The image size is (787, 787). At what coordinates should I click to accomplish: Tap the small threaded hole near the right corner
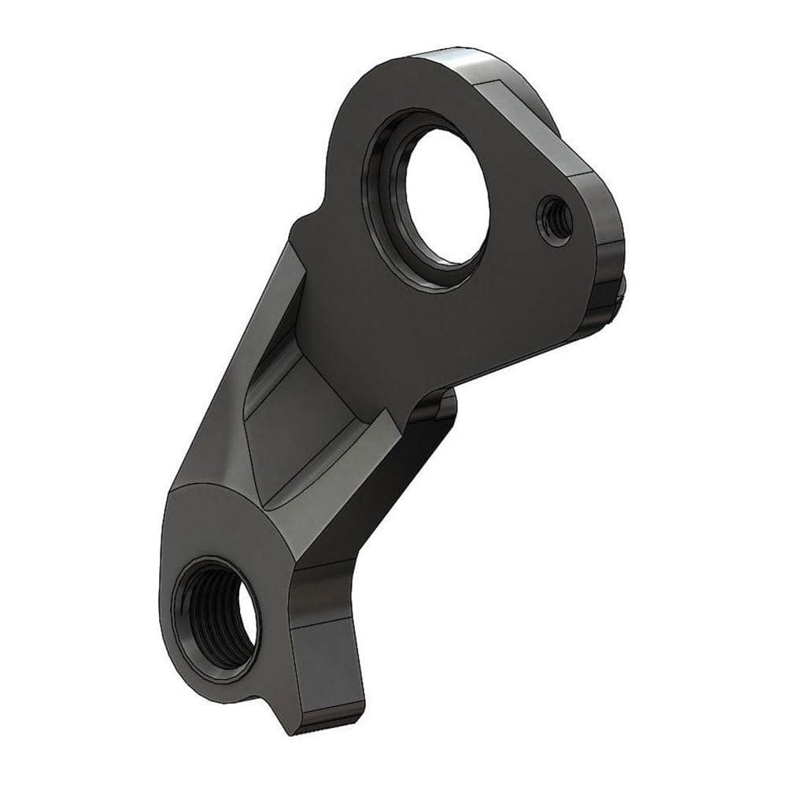[x=552, y=215]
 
